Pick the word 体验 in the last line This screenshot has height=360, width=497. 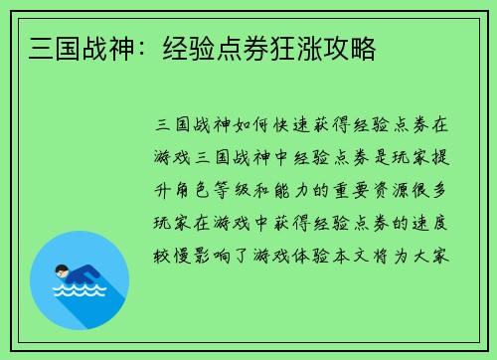pyautogui.click(x=315, y=254)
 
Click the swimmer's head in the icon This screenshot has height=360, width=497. pyautogui.click(x=63, y=270)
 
